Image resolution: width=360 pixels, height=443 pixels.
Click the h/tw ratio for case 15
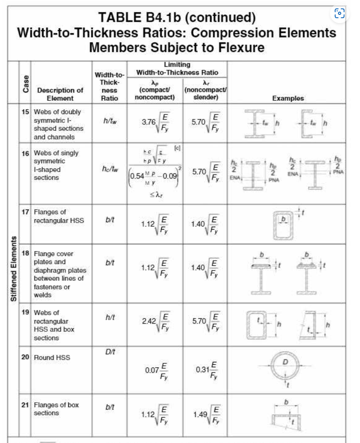(x=109, y=119)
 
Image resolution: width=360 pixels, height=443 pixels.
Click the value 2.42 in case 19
(x=148, y=321)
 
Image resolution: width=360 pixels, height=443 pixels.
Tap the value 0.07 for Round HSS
(x=151, y=369)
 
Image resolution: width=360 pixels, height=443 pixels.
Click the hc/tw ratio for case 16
(x=109, y=170)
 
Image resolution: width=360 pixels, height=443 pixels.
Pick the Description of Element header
(x=60, y=94)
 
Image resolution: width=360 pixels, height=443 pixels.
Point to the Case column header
(x=25, y=84)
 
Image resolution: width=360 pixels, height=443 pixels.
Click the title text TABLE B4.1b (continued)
(x=177, y=18)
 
